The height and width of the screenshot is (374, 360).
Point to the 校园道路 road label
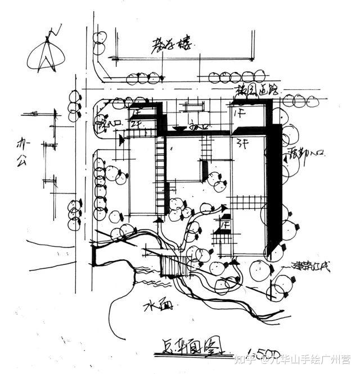pos(258,90)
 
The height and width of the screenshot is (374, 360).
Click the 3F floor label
pos(242,140)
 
